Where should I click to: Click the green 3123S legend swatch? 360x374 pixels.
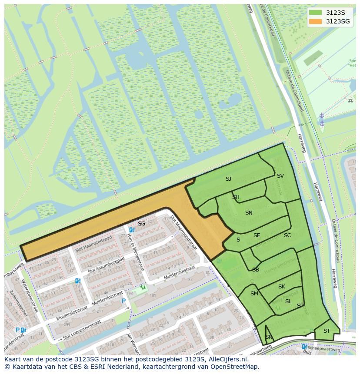point(316,13)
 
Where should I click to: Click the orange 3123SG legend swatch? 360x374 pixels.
point(316,21)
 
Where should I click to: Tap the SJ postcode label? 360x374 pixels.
point(228,179)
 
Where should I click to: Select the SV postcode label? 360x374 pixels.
point(280,175)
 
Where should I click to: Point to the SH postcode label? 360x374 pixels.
point(236,197)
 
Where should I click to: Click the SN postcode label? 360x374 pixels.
point(249,212)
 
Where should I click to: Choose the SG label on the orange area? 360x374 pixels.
point(141,224)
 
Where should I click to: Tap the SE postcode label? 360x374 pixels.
point(257,235)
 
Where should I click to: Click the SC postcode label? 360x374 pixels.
point(287,235)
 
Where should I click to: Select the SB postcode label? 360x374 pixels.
point(256,270)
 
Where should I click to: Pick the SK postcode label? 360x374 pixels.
point(281,287)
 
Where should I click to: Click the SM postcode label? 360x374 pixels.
point(254,294)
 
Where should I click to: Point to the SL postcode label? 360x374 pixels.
point(288,301)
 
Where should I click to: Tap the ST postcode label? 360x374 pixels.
point(327,331)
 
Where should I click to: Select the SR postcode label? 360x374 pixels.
point(268,337)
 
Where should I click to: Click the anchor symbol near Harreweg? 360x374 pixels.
point(322,119)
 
